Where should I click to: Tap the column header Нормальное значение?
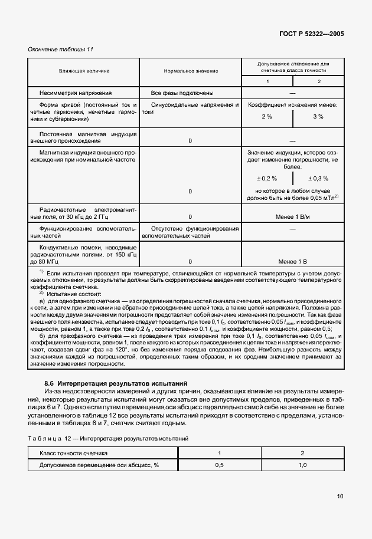click(191, 71)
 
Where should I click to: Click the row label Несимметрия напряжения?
click(75, 93)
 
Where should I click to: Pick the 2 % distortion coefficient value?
click(266, 117)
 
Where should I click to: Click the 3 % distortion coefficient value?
click(318, 117)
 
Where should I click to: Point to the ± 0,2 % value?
click(266, 178)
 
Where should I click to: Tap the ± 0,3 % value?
click(318, 178)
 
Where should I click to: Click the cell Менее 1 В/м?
click(292, 216)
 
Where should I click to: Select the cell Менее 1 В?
click(292, 261)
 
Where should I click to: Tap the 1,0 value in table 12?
click(302, 465)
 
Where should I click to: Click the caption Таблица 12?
click(52, 439)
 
